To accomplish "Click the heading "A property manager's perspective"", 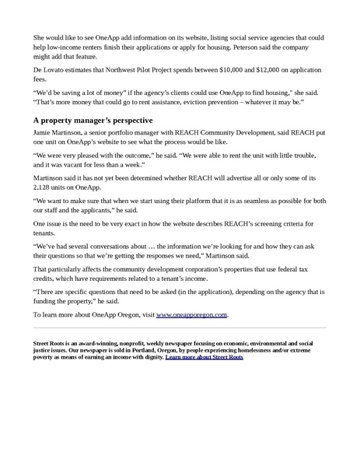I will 93,121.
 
